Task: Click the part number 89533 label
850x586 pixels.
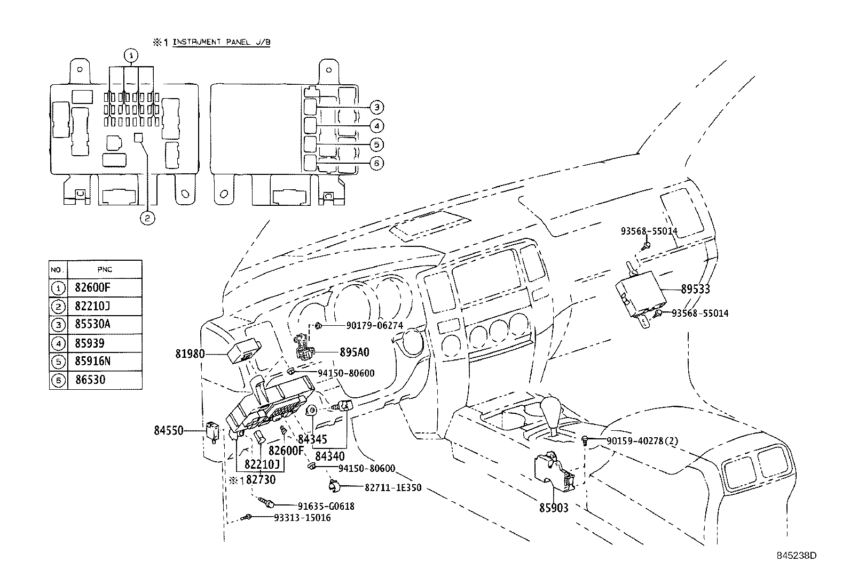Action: pyautogui.click(x=695, y=289)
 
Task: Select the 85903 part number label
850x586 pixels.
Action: pyautogui.click(x=553, y=508)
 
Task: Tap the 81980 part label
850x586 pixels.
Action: pyautogui.click(x=190, y=353)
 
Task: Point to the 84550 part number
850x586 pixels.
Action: pyautogui.click(x=169, y=430)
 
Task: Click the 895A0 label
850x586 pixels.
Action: pyautogui.click(x=355, y=352)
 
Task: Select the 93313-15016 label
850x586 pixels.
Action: pyautogui.click(x=302, y=518)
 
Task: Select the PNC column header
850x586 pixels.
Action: pyautogui.click(x=105, y=269)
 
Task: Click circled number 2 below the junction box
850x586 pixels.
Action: pyautogui.click(x=147, y=218)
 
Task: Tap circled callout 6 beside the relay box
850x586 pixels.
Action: pyautogui.click(x=376, y=163)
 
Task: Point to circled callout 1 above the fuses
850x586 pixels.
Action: pyautogui.click(x=131, y=55)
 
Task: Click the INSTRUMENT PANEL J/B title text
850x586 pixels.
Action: pyautogui.click(x=221, y=42)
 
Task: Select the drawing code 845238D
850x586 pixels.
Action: pyautogui.click(x=796, y=555)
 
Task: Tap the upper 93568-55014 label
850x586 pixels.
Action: pyautogui.click(x=649, y=231)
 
